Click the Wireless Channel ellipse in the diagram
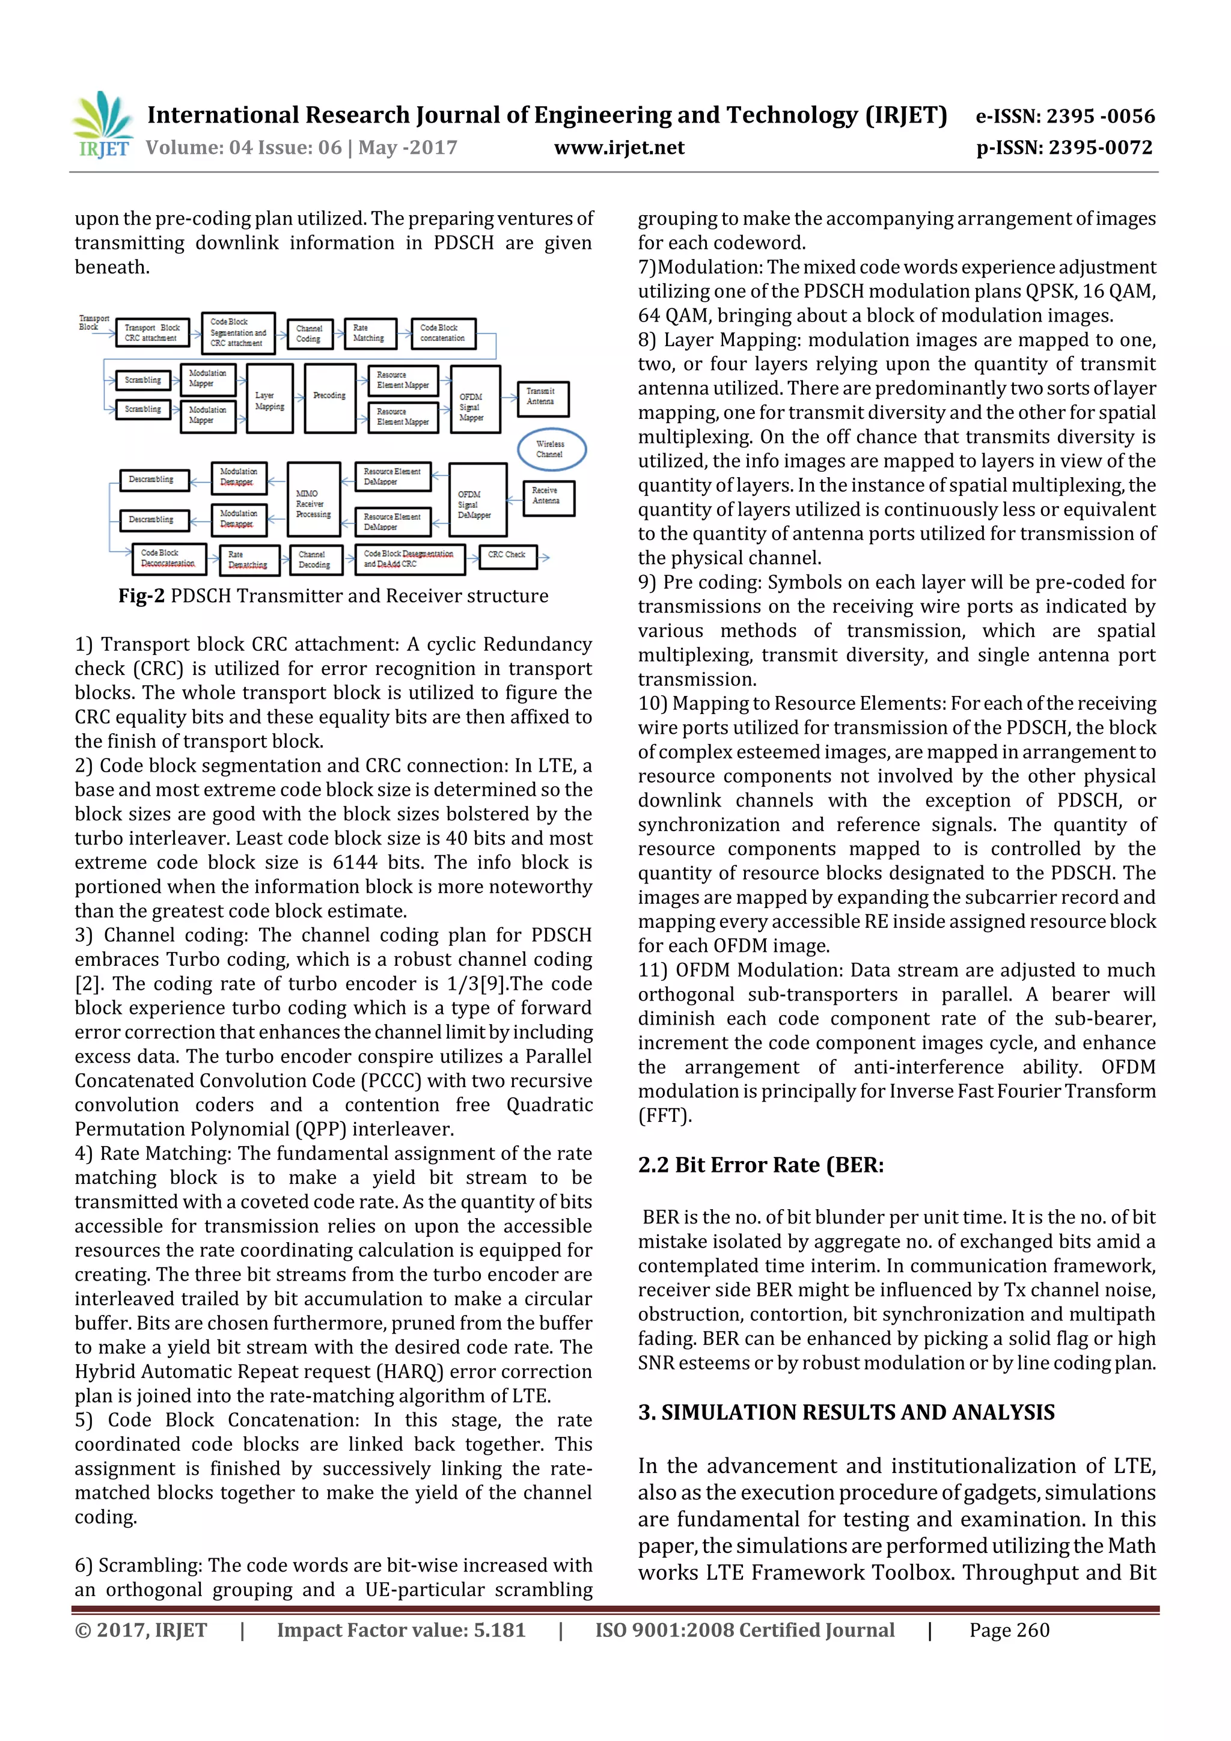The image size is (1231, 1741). (x=551, y=449)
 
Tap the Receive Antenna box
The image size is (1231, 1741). (x=548, y=498)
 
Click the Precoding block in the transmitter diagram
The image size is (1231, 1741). (x=330, y=397)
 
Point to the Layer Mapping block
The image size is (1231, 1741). (x=269, y=399)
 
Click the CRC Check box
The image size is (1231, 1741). (x=507, y=556)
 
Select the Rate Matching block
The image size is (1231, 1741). (x=370, y=334)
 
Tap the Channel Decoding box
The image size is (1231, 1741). (x=316, y=559)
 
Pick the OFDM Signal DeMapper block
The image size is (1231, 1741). (x=476, y=499)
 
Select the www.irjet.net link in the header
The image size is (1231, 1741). (x=619, y=148)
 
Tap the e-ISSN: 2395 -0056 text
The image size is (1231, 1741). (x=1064, y=116)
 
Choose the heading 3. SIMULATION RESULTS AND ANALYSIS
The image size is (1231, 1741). (x=846, y=1412)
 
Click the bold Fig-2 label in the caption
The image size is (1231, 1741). (x=141, y=596)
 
